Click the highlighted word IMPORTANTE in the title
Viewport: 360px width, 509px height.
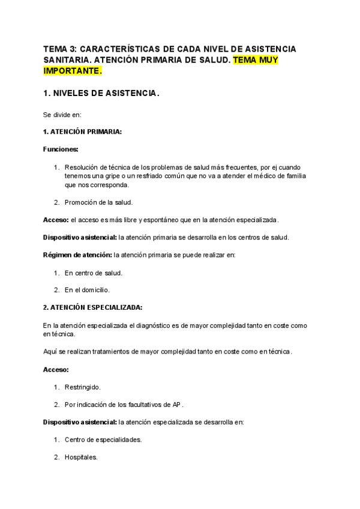coord(72,71)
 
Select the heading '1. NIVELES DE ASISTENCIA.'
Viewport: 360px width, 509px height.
coord(101,94)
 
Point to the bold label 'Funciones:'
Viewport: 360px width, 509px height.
coord(61,149)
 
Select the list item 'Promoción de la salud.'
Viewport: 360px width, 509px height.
coord(98,202)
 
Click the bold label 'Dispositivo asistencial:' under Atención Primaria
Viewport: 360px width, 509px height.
coord(80,237)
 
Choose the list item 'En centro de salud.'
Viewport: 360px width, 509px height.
coord(93,273)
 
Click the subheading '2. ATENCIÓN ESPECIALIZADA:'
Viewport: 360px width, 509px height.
coord(92,307)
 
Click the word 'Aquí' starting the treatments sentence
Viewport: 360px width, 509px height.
coord(50,351)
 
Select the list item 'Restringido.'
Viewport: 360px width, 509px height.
coord(83,387)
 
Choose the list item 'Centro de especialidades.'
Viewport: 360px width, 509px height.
coord(103,439)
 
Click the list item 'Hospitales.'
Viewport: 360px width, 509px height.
coord(81,457)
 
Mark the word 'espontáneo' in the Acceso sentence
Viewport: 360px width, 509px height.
coord(158,220)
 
